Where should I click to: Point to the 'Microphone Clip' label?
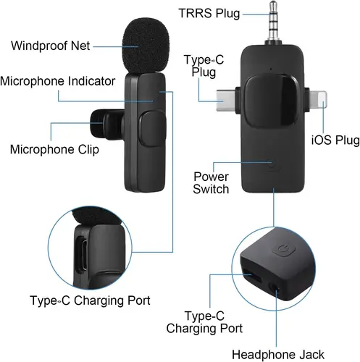point(54,150)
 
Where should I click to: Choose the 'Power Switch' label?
point(212,183)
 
